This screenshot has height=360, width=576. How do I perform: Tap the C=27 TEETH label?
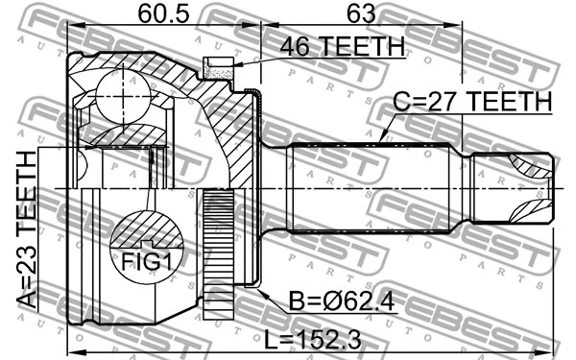pos(471,102)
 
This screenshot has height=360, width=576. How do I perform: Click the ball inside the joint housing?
pos(116,97)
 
